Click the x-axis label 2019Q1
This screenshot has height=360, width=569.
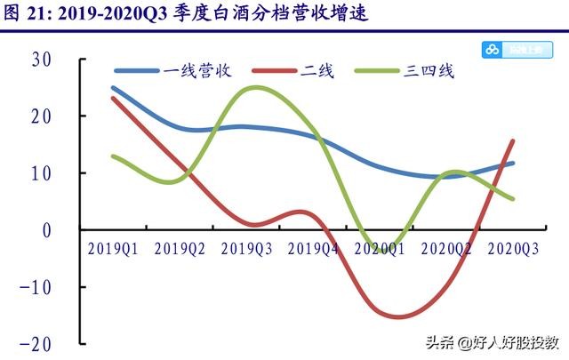click(112, 249)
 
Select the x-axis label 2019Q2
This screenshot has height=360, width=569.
click(180, 249)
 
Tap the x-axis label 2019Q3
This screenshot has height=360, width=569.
click(247, 249)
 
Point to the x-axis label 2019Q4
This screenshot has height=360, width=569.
click(313, 249)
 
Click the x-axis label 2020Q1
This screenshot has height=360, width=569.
click(381, 249)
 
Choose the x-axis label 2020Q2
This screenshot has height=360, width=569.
click(447, 249)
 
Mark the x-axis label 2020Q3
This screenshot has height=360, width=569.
click(515, 249)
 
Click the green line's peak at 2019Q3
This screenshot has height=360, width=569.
click(256, 87)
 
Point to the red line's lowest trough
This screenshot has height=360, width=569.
click(397, 316)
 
